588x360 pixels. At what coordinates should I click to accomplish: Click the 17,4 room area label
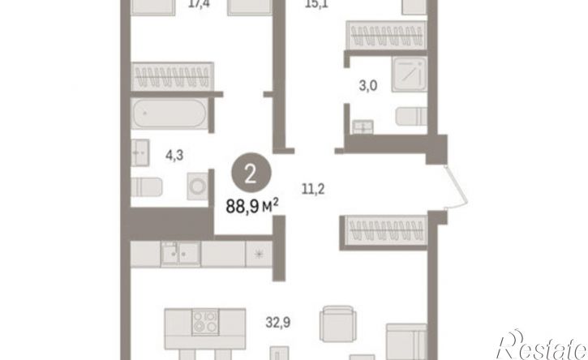(200, 5)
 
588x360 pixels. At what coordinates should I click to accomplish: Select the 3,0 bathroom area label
(368, 86)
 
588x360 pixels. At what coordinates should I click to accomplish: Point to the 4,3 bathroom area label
(174, 155)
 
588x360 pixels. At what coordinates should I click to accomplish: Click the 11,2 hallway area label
(313, 189)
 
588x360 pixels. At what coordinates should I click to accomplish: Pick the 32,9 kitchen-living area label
(278, 322)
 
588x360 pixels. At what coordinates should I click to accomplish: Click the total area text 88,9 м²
(252, 206)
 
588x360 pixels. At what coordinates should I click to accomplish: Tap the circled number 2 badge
(251, 174)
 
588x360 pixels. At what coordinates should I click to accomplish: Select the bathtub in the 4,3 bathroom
(170, 114)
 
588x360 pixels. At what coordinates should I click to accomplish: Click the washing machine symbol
(198, 186)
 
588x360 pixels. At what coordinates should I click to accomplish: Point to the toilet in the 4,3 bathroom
(147, 187)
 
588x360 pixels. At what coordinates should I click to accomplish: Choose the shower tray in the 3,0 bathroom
(410, 74)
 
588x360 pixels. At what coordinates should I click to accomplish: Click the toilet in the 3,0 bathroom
(411, 116)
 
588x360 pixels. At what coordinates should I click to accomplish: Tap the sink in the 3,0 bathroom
(363, 127)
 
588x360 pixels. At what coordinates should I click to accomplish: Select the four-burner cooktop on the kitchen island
(205, 322)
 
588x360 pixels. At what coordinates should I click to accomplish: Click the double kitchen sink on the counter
(180, 253)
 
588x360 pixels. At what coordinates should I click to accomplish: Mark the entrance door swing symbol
(456, 186)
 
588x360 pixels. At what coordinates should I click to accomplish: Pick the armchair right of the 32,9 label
(338, 324)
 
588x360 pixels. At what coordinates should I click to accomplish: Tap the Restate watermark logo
(542, 345)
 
